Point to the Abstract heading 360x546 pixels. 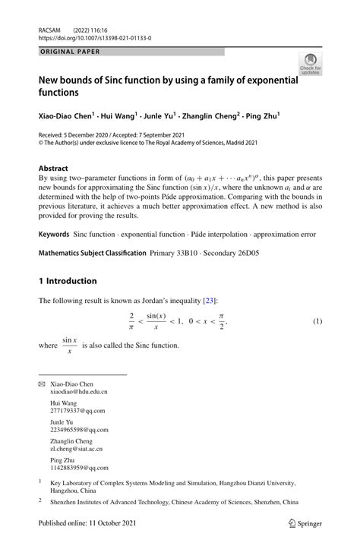coord(56,168)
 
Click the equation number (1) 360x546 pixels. coord(317,321)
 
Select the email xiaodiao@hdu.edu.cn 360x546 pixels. coord(79,392)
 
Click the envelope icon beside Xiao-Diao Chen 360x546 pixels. coord(42,384)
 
